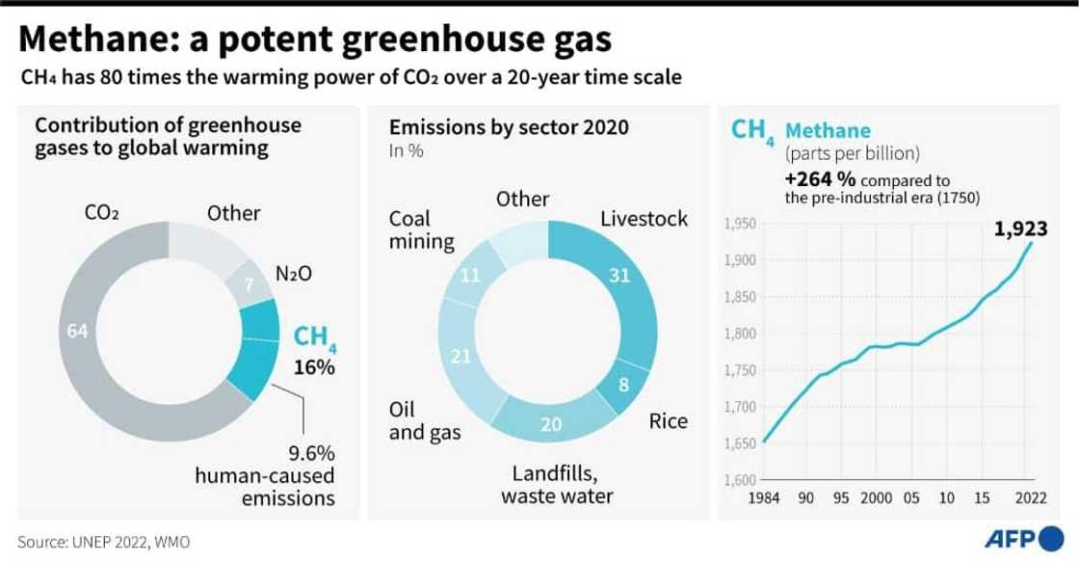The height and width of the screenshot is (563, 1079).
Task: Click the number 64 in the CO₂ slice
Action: [x=78, y=331]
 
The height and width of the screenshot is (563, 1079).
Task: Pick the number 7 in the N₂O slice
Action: [x=248, y=284]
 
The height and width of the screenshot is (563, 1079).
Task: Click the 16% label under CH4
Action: [x=314, y=367]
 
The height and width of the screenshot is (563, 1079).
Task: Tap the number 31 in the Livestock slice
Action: [x=618, y=276]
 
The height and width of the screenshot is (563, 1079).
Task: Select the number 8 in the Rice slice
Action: [x=623, y=386]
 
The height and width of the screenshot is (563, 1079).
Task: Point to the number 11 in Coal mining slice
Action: [x=471, y=276]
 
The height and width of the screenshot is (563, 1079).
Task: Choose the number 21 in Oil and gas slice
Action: [x=461, y=358]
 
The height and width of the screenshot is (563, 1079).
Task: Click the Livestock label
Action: [x=644, y=219]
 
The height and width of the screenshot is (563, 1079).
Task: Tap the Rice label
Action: [x=668, y=421]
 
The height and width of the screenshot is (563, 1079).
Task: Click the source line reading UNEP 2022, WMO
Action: [x=104, y=542]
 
